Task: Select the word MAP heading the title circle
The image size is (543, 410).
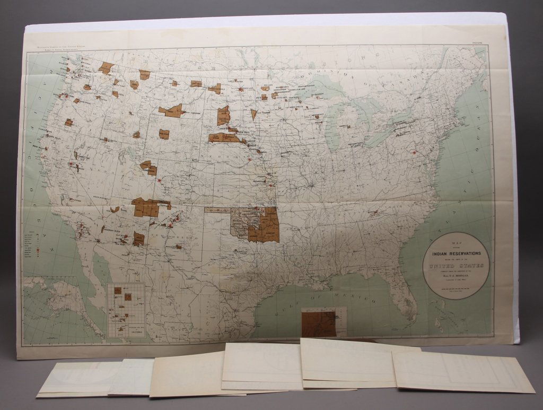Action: [x=453, y=245]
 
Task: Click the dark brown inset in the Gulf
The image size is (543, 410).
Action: [x=318, y=323]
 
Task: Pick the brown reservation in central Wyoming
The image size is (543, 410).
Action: [x=164, y=134]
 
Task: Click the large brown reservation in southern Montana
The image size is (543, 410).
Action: [x=171, y=110]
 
